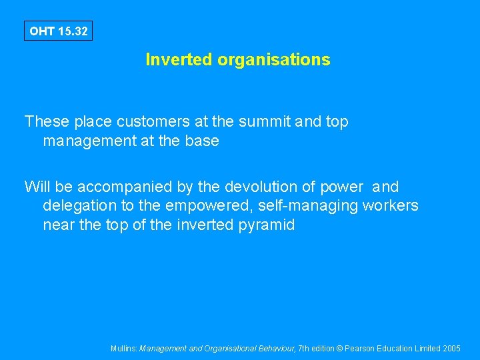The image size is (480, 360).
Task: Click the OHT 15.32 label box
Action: [x=58, y=31]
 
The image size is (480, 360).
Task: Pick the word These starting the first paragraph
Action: [x=47, y=122]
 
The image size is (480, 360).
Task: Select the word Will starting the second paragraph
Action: [x=36, y=187]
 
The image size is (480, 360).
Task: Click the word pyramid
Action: [x=266, y=225]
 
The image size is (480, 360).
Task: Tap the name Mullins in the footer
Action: [x=124, y=349]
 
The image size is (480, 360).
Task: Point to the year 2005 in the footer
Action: [x=451, y=349]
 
